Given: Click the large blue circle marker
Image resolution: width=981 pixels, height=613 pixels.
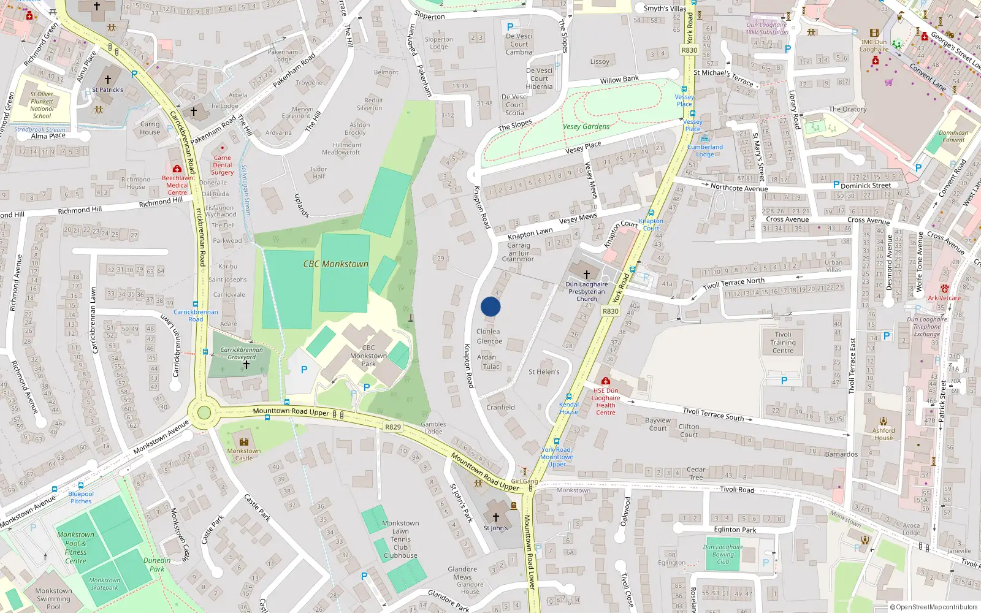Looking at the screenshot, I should tap(490, 306).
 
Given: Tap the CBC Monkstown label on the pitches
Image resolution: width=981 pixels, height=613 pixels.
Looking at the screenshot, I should tap(335, 264).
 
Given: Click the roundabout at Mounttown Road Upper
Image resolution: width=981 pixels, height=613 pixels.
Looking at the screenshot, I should tap(204, 413).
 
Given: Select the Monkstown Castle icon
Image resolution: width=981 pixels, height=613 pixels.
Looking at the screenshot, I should tap(244, 441).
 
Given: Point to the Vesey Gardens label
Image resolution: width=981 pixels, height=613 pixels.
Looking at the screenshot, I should tap(586, 127).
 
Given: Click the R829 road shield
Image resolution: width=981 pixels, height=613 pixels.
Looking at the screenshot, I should tap(393, 427).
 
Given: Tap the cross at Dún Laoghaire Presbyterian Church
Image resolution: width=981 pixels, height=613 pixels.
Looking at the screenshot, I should tap(586, 274).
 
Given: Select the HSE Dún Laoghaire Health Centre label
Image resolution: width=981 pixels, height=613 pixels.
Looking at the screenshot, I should tap(605, 402).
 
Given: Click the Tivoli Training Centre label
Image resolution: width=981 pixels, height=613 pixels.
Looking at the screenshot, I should tap(782, 343).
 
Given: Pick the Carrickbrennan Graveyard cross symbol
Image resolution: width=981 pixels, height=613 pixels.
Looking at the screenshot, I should tap(246, 365).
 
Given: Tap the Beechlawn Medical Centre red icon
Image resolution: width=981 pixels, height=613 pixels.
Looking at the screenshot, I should tap(177, 169).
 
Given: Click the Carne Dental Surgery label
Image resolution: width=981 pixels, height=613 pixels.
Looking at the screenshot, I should tap(223, 165).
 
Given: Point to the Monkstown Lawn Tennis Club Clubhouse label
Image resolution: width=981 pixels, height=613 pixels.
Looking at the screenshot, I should tap(400, 539).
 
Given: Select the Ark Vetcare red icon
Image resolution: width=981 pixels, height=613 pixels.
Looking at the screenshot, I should tap(945, 289).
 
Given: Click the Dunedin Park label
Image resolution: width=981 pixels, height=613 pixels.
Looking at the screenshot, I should tap(157, 565).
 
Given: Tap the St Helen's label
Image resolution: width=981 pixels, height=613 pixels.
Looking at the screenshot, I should tap(544, 371).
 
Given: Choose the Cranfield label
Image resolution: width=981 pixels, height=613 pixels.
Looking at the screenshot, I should tap(500, 407).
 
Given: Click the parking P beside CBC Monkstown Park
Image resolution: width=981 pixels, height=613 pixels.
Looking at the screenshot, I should tap(304, 370).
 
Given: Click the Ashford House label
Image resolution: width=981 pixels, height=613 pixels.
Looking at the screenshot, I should tap(884, 434).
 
